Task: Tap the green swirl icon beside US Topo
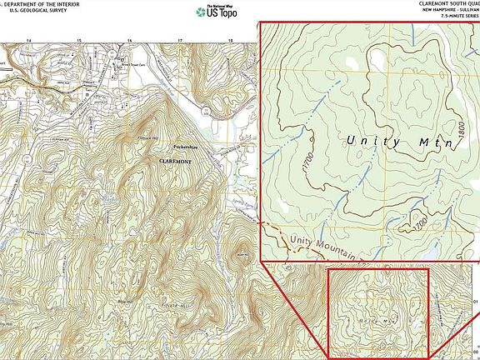[x=199, y=12]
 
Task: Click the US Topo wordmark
[x=222, y=13]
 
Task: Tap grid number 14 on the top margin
[x=29, y=40]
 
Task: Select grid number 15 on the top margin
[x=79, y=40]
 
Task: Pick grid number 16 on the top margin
[x=130, y=40]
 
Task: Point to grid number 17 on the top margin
[x=181, y=40]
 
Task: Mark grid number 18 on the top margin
[x=232, y=40]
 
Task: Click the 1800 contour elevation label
[x=459, y=129]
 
